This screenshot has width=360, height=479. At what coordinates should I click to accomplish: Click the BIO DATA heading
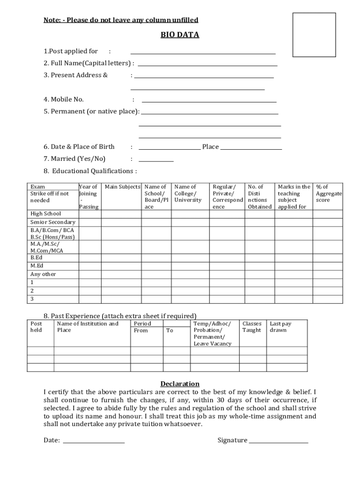[x=180, y=35]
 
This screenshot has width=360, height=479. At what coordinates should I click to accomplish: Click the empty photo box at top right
[x=314, y=35]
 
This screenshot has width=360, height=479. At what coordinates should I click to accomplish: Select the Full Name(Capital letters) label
[x=89, y=63]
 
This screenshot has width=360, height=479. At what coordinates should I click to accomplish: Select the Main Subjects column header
[x=122, y=187]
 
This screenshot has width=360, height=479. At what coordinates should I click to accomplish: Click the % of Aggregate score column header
[x=328, y=193]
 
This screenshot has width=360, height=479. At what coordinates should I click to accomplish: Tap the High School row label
[x=46, y=214]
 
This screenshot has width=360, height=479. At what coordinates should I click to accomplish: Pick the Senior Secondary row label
[x=53, y=222]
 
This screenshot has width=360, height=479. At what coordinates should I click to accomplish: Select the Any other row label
[x=43, y=274]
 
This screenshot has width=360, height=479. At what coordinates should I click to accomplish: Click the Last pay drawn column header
[x=281, y=327]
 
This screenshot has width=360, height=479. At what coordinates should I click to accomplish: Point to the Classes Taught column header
[x=252, y=327]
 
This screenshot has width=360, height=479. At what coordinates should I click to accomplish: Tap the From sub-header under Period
[x=141, y=331]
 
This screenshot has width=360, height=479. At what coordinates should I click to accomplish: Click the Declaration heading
[x=180, y=384]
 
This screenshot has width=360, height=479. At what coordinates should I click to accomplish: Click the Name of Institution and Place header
[x=87, y=327]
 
